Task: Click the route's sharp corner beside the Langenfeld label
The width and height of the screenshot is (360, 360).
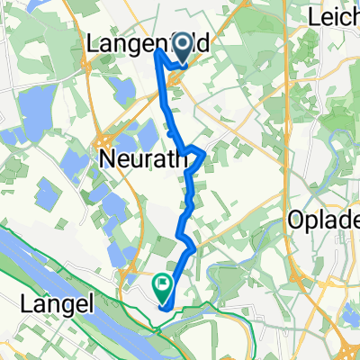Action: pyautogui.click(x=159, y=50)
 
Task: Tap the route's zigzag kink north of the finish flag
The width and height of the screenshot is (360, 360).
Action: pyautogui.click(x=189, y=241)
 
